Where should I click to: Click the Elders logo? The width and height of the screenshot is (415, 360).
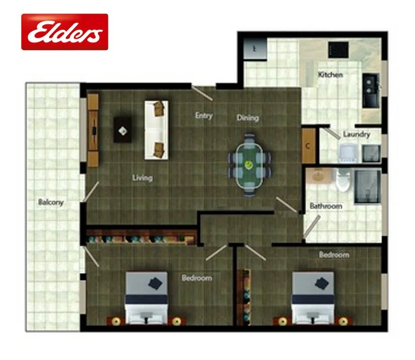[x=64, y=32]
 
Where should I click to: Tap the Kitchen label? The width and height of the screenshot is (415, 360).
[x=330, y=75]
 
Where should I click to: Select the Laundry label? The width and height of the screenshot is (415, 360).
[x=356, y=135]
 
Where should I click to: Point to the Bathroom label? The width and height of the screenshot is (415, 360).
[x=326, y=206]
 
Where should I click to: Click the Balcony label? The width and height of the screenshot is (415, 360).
[x=51, y=203]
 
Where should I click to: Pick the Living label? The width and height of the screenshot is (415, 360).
[x=143, y=178]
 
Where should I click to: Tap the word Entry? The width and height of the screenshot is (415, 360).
[x=204, y=116]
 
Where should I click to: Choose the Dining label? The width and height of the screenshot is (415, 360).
[x=248, y=118]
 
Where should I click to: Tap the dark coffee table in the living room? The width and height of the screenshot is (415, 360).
[x=123, y=130]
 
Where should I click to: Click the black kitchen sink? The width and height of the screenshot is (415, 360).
[x=371, y=91]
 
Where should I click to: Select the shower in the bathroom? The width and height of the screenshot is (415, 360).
[x=367, y=187]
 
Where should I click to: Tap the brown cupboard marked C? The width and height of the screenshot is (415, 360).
[x=308, y=147]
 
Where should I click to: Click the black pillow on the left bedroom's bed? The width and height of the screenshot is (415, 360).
[x=157, y=283]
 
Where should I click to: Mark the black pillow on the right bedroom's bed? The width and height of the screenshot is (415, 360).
[x=323, y=283]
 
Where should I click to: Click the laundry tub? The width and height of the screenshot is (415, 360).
[x=347, y=153]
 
